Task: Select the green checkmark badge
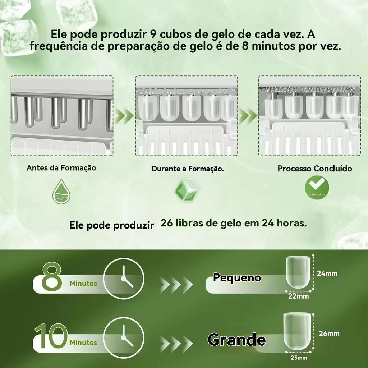click(x=317, y=188)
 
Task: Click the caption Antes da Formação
click(x=61, y=168)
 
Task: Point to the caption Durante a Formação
click(x=188, y=169)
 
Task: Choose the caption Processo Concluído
click(x=315, y=169)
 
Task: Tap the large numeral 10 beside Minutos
click(x=51, y=336)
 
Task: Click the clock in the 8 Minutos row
click(x=124, y=279)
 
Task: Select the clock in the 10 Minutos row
click(x=124, y=337)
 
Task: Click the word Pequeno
click(x=237, y=278)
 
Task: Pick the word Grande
click(x=236, y=340)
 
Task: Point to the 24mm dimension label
click(x=327, y=273)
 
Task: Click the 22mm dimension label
click(x=299, y=296)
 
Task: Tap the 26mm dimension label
click(x=329, y=333)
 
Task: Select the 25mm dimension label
click(x=299, y=358)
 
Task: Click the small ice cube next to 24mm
click(x=298, y=272)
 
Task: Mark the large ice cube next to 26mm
click(x=297, y=331)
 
